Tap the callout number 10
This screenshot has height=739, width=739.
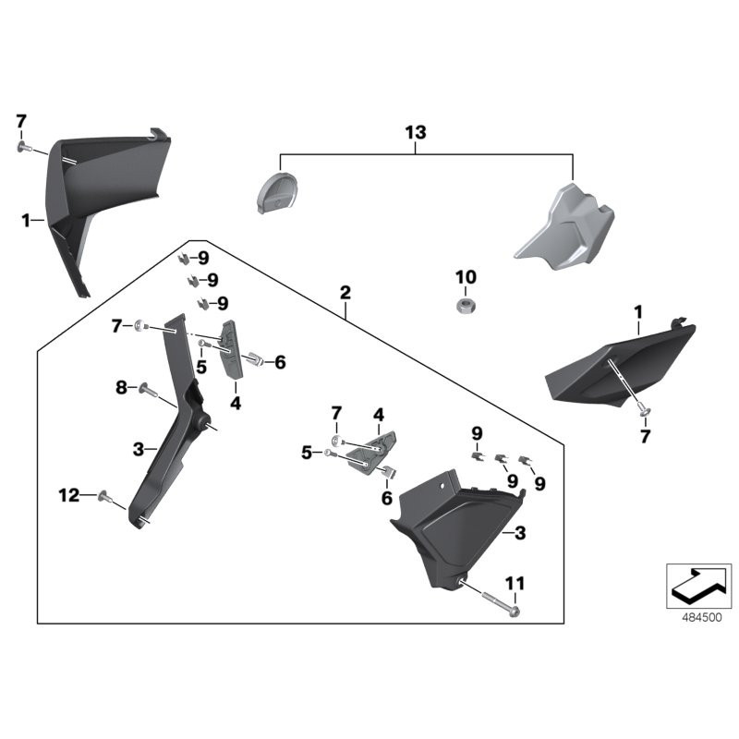click(x=466, y=277)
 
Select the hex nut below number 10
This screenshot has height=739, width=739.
click(x=465, y=304)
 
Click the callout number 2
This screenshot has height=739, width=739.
click(x=345, y=294)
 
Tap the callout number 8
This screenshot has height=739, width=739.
click(x=121, y=389)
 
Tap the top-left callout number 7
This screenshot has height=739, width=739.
click(x=21, y=121)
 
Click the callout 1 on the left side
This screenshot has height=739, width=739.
click(x=27, y=220)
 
